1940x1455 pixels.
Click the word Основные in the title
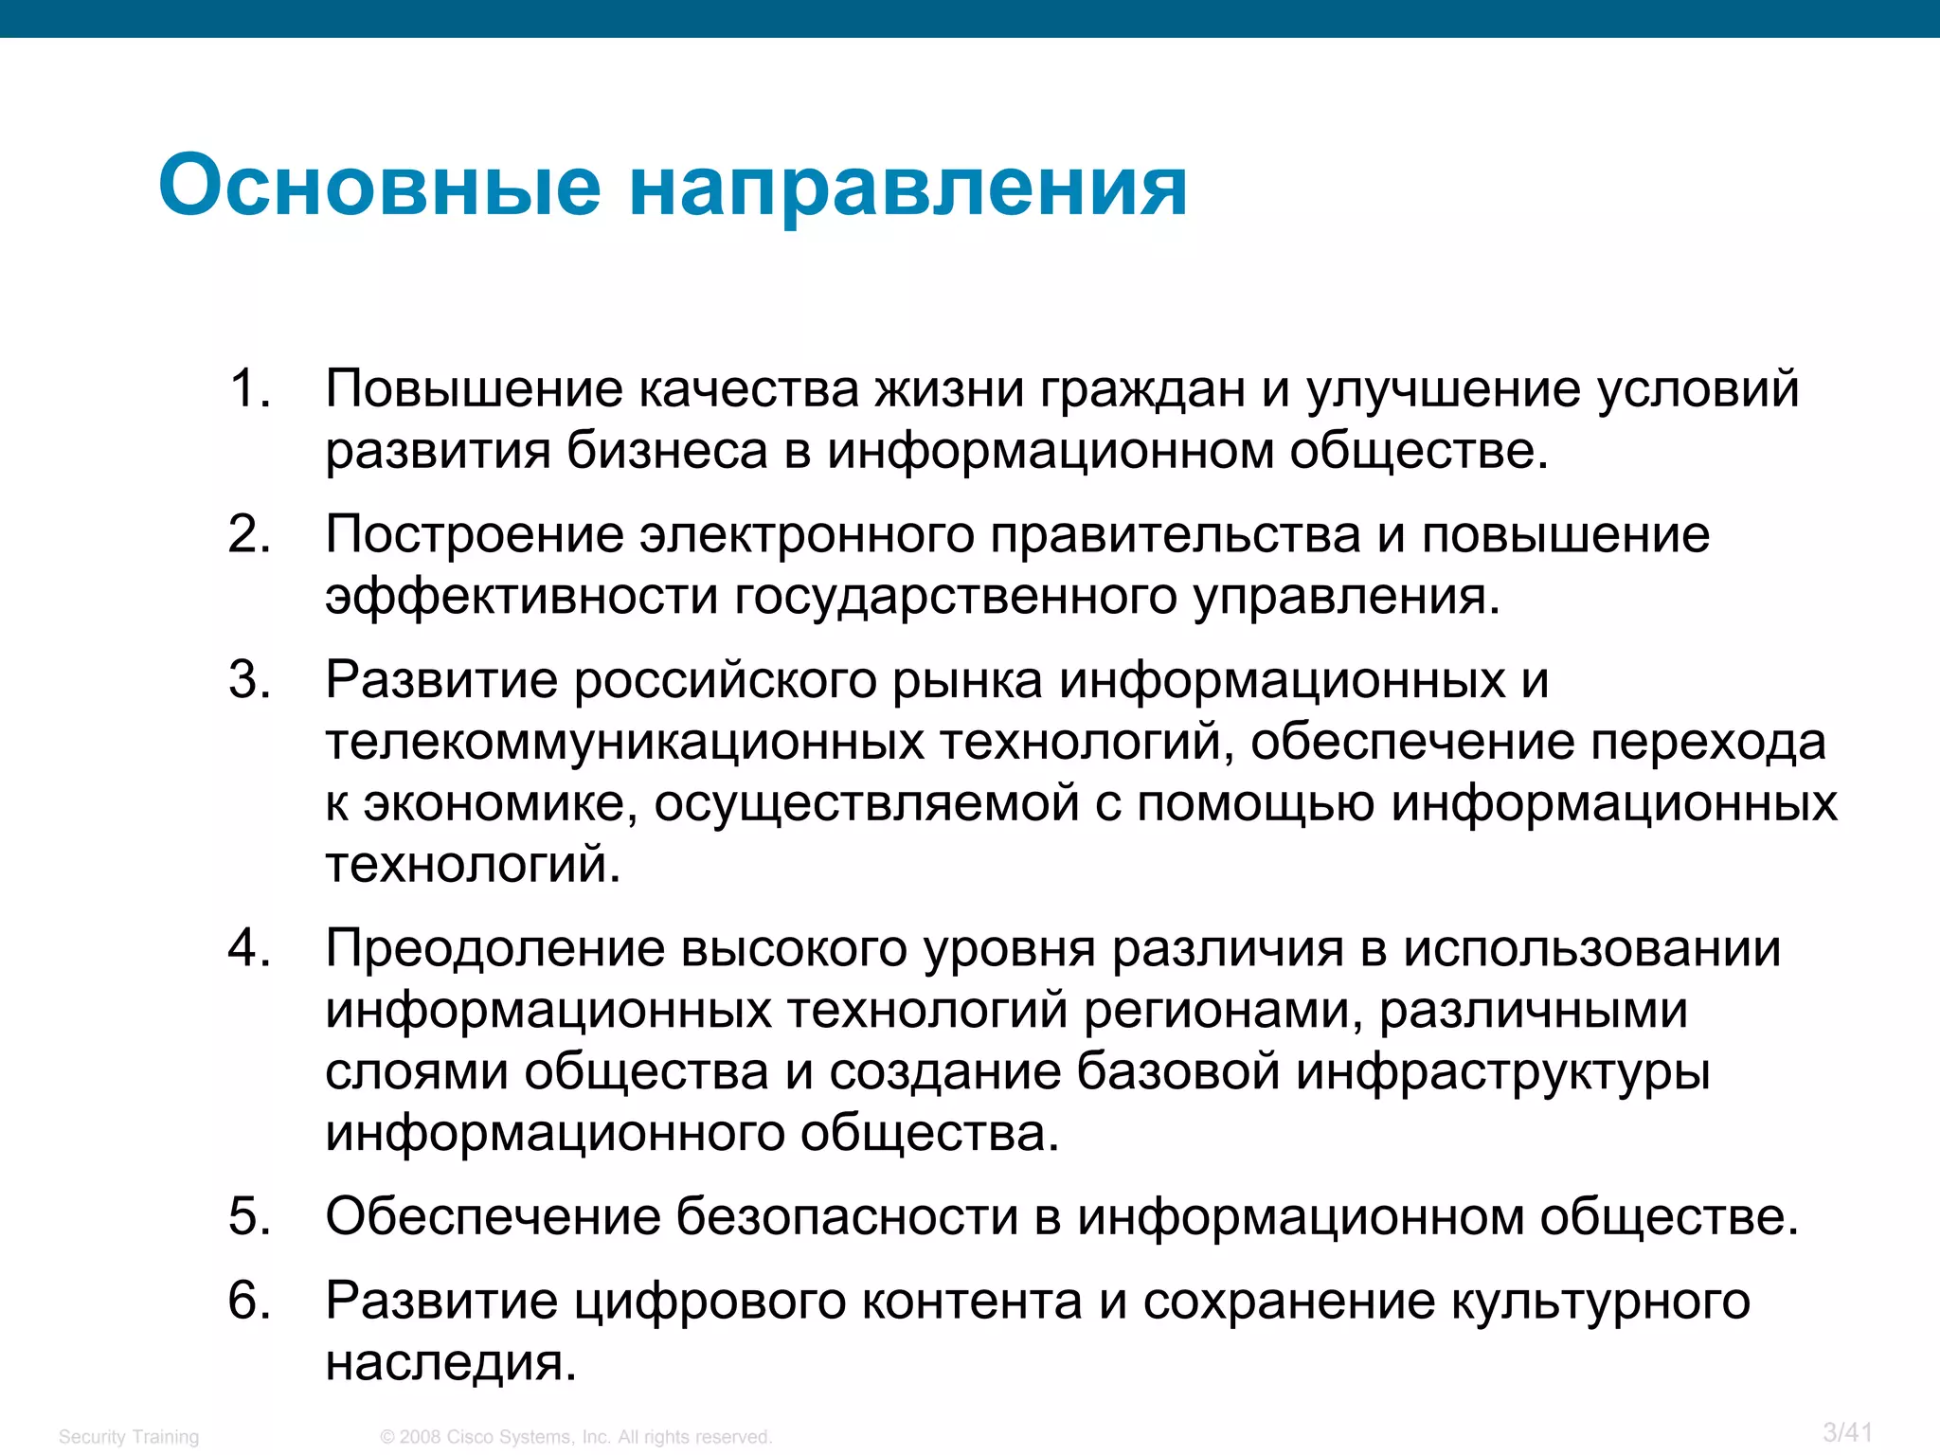pyautogui.click(x=380, y=186)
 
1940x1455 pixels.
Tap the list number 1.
pyautogui.click(x=249, y=389)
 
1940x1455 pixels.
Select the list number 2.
pyautogui.click(x=249, y=535)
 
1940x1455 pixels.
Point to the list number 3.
pyautogui.click(x=249, y=680)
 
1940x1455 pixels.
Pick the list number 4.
pyautogui.click(x=249, y=949)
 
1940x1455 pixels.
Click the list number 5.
pyautogui.click(x=249, y=1217)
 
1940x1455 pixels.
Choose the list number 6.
pyautogui.click(x=249, y=1301)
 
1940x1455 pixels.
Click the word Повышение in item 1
pyautogui.click(x=474, y=389)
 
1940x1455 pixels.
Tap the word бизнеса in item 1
pyautogui.click(x=667, y=451)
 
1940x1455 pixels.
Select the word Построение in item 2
pyautogui.click(x=474, y=535)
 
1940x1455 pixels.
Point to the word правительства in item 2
pyautogui.click(x=1175, y=535)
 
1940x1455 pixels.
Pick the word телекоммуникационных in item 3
pyautogui.click(x=624, y=742)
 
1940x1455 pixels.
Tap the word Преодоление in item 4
pyautogui.click(x=494, y=949)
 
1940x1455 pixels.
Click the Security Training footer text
pyautogui.click(x=129, y=1437)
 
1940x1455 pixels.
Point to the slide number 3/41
pyautogui.click(x=1847, y=1432)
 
